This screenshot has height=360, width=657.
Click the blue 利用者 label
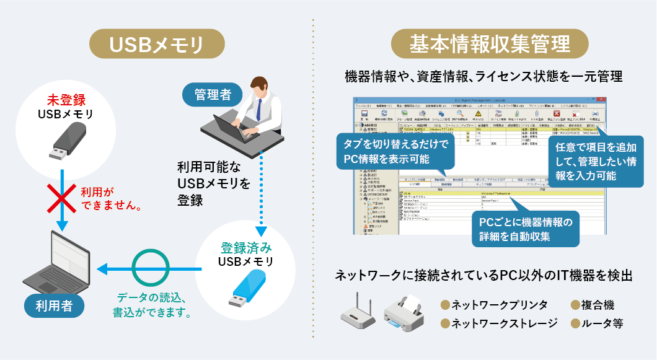56,304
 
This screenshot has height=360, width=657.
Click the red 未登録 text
66,100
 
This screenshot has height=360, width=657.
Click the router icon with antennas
358,314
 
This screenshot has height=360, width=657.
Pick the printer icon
403,313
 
